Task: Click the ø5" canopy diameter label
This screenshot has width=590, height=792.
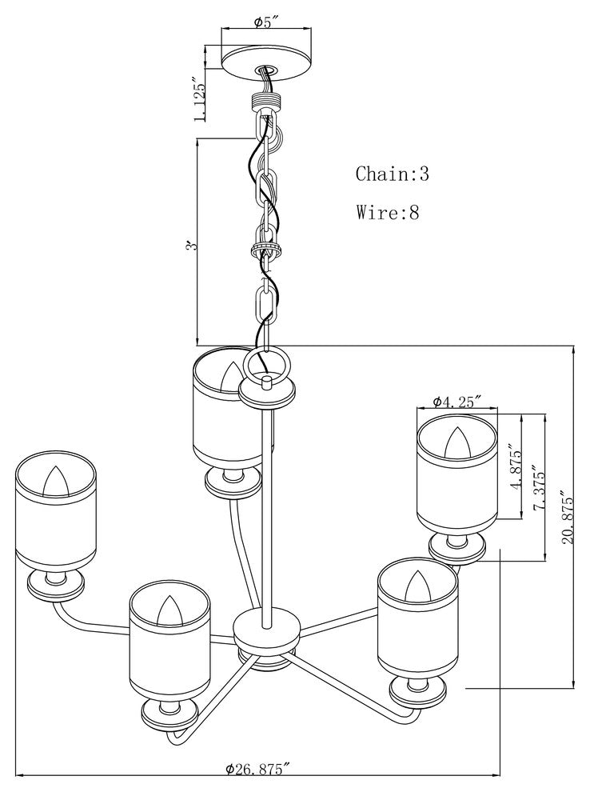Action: tap(266, 22)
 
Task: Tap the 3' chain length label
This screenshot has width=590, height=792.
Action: tap(190, 246)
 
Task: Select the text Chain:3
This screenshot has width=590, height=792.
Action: tap(393, 174)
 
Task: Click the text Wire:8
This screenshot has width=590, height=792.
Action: tap(388, 212)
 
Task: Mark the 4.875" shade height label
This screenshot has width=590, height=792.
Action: tap(515, 468)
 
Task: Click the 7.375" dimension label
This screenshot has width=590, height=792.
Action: tap(538, 490)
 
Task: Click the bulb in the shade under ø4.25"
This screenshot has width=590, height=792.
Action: tap(457, 443)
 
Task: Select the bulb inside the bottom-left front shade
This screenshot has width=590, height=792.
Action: tap(169, 611)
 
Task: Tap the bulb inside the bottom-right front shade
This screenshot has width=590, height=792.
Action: tap(418, 586)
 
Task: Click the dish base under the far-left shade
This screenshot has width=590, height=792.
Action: tap(55, 586)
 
